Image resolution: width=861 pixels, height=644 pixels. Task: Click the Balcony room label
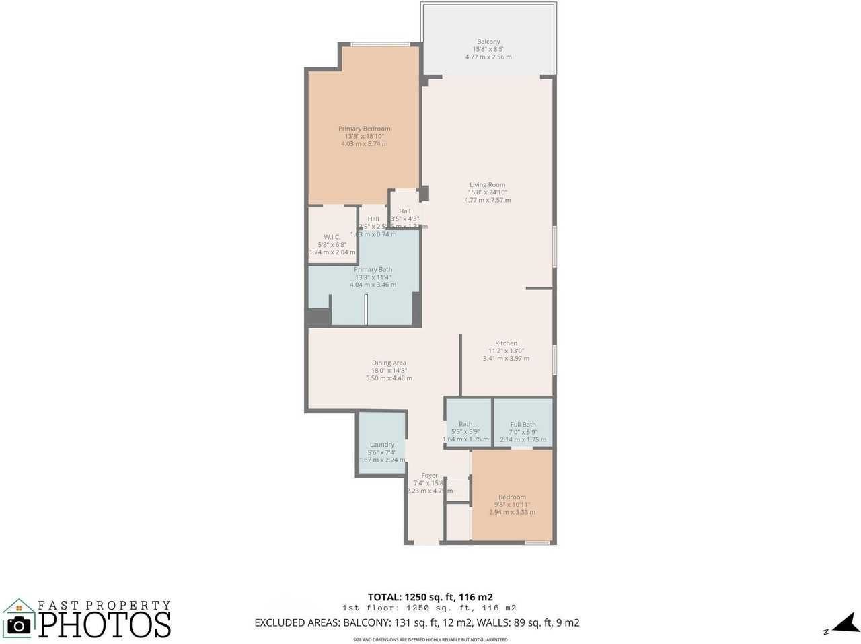[488, 42]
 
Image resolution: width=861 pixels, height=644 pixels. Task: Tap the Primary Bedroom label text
[364, 129]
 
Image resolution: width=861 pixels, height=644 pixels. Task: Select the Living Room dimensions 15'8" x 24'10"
[487, 192]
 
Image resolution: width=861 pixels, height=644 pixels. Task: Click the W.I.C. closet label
[332, 237]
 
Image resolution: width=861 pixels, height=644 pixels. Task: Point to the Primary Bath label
[373, 269]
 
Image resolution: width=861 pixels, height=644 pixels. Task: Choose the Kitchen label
[506, 343]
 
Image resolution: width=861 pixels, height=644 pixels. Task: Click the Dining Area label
[389, 363]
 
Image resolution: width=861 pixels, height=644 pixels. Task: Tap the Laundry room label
[381, 445]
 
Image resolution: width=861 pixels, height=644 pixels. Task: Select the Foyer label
[429, 476]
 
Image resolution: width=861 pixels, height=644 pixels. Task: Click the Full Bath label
[523, 425]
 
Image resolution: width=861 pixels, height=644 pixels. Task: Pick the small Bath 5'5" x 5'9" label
[465, 424]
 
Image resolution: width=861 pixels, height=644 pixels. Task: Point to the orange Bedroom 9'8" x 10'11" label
[512, 497]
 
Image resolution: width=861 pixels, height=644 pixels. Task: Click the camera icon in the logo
[18, 625]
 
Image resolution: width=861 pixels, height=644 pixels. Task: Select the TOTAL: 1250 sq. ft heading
[430, 597]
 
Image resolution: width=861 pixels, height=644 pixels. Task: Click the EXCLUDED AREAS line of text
[416, 622]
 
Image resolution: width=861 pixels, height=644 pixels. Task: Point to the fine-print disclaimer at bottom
[430, 639]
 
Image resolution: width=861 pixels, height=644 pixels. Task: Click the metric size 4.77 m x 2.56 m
[488, 57]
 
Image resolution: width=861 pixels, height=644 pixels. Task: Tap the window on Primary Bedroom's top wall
[380, 45]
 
